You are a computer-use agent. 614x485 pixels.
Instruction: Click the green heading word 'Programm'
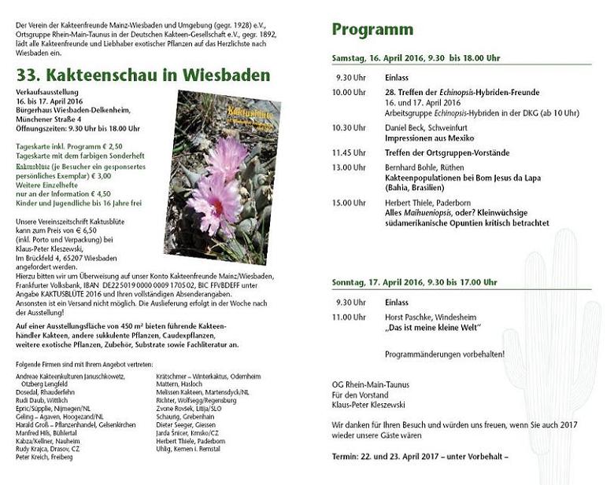(372, 30)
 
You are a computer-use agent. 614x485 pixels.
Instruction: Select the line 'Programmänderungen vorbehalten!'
(445, 354)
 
